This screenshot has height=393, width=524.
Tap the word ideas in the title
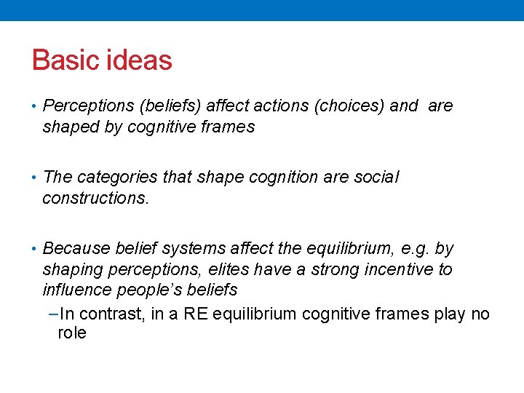(139, 60)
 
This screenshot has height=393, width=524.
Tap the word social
(376, 178)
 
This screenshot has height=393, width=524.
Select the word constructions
(95, 198)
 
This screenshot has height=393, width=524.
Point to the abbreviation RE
(194, 314)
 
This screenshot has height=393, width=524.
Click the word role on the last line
(72, 334)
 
